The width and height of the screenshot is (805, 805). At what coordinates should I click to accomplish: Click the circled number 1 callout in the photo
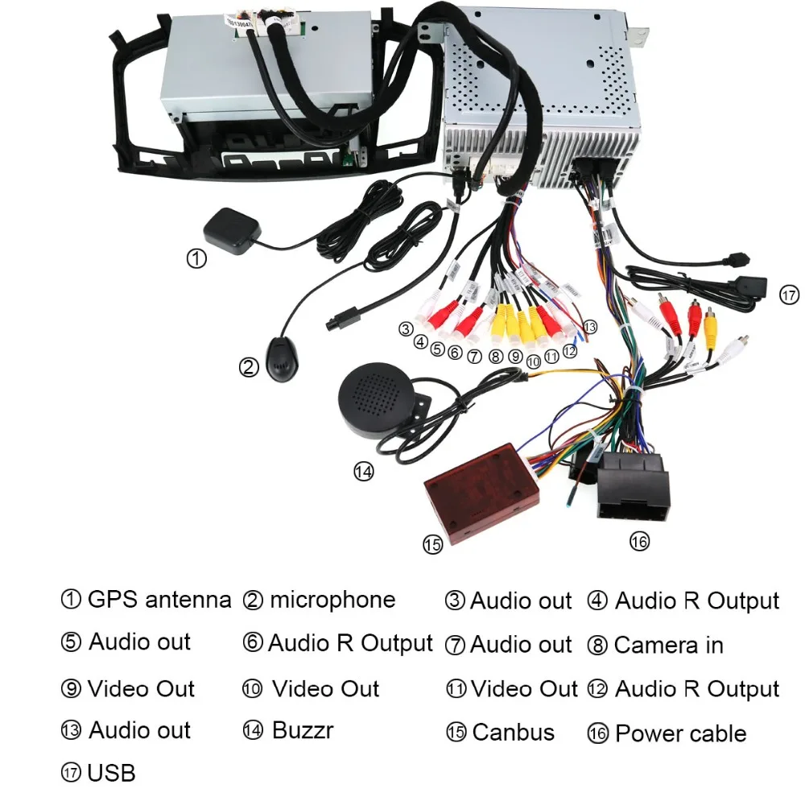click(197, 258)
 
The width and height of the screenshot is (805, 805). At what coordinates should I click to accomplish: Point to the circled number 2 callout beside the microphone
click(249, 367)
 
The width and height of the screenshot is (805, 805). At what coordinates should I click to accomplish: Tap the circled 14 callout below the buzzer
click(364, 472)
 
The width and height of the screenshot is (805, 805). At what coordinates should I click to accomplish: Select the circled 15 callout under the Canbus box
click(433, 545)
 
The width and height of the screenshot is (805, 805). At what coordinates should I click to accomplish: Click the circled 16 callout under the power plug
click(639, 542)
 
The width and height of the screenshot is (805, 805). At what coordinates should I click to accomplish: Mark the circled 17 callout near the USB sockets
click(790, 295)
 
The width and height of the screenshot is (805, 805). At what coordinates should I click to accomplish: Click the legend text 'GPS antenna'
click(159, 600)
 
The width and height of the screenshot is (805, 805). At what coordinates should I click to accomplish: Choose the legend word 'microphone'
click(332, 600)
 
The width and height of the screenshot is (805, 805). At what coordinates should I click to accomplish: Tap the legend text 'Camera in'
click(668, 645)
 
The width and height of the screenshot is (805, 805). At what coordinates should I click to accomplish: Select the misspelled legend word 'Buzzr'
click(302, 731)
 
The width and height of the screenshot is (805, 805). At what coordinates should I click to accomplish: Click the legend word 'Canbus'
click(513, 733)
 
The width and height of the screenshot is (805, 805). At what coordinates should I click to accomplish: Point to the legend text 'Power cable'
click(680, 733)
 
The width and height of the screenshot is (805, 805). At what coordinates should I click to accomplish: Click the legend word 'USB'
click(111, 774)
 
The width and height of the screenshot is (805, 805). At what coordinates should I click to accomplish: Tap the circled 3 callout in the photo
click(406, 328)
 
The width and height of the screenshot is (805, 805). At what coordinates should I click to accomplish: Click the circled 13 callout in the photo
click(591, 327)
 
